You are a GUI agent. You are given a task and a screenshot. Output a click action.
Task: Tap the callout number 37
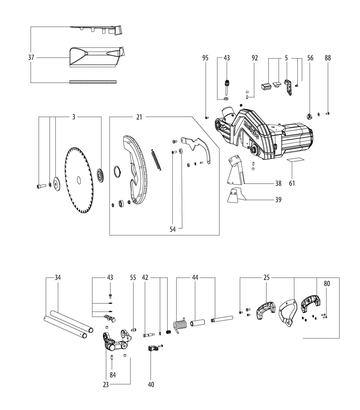pos(31,57)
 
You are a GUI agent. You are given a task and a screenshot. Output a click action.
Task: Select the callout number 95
pos(205,58)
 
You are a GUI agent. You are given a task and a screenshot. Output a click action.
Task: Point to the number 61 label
pos(292,183)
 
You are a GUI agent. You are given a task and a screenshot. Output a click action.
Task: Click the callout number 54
pos(173,229)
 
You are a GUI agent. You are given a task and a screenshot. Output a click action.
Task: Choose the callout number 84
pos(113,375)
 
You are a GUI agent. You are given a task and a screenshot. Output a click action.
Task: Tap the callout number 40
pos(151,385)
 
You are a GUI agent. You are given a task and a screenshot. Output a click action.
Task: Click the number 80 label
pos(327,283)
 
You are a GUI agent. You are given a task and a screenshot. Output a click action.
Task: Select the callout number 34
pos(58,278)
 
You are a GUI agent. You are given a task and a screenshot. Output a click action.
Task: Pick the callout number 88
pos(328,58)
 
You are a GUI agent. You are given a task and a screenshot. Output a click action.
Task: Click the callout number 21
pos(139,117)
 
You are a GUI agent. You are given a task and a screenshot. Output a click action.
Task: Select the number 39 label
pos(278,199)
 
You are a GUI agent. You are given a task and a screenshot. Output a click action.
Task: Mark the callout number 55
pos(133,278)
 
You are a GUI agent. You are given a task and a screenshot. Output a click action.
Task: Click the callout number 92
pos(255,58)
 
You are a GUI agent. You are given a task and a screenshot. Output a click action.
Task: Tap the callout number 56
pos(310,58)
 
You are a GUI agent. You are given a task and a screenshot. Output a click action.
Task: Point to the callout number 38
pos(278,183)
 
